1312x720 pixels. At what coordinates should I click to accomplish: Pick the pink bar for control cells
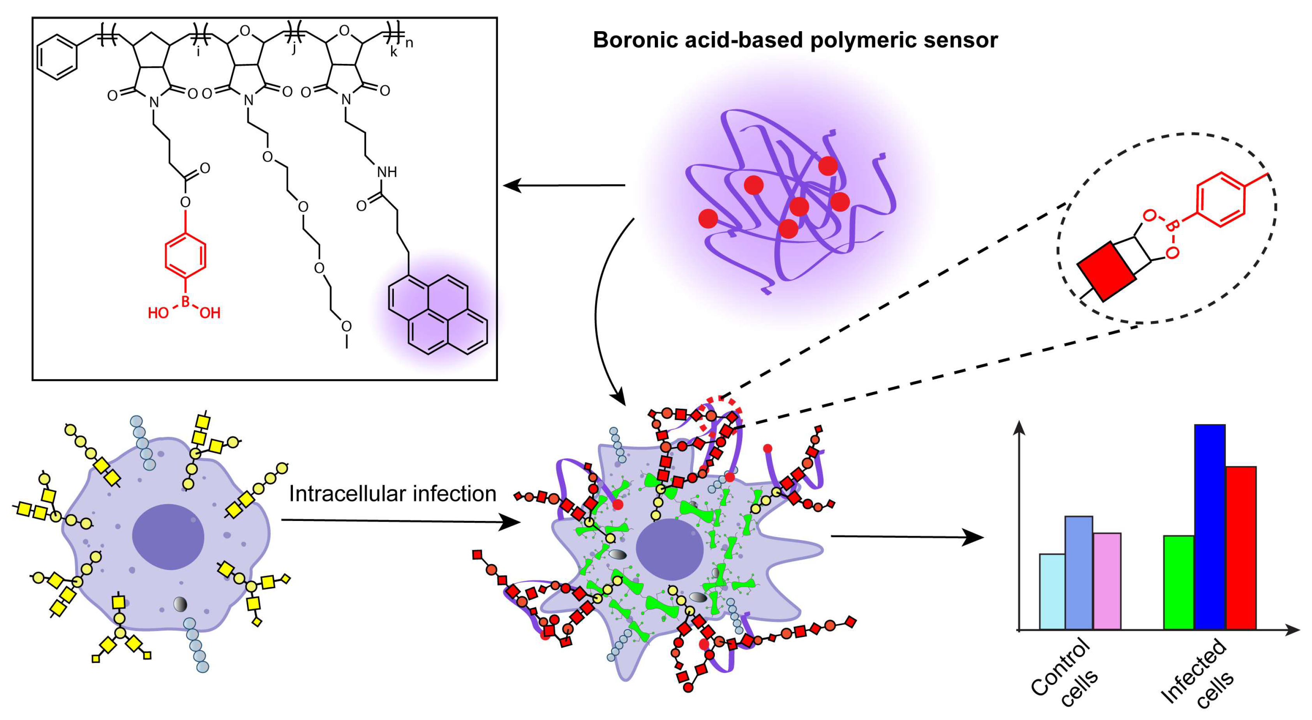1106,581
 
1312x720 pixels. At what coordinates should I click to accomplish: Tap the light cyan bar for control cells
1052,591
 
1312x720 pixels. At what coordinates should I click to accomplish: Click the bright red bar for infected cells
1241,547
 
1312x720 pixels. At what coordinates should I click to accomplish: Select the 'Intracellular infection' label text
392,494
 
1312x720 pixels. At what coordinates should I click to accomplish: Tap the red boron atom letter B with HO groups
185,302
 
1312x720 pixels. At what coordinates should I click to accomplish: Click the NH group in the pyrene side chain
387,172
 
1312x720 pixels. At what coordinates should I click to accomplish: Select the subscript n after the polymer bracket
409,43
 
